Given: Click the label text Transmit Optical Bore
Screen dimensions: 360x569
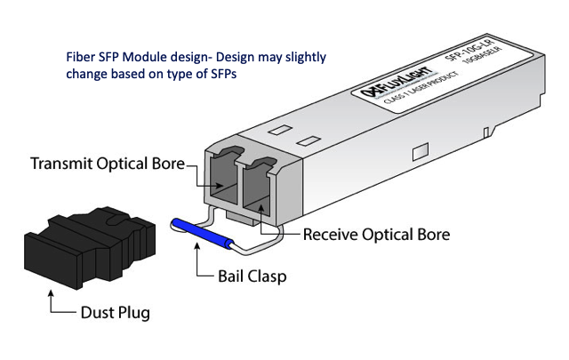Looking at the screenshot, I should click(106, 164).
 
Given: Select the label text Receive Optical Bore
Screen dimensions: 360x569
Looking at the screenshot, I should click(376, 235).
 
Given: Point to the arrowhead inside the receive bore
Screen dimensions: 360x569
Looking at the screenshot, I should click(260, 206).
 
